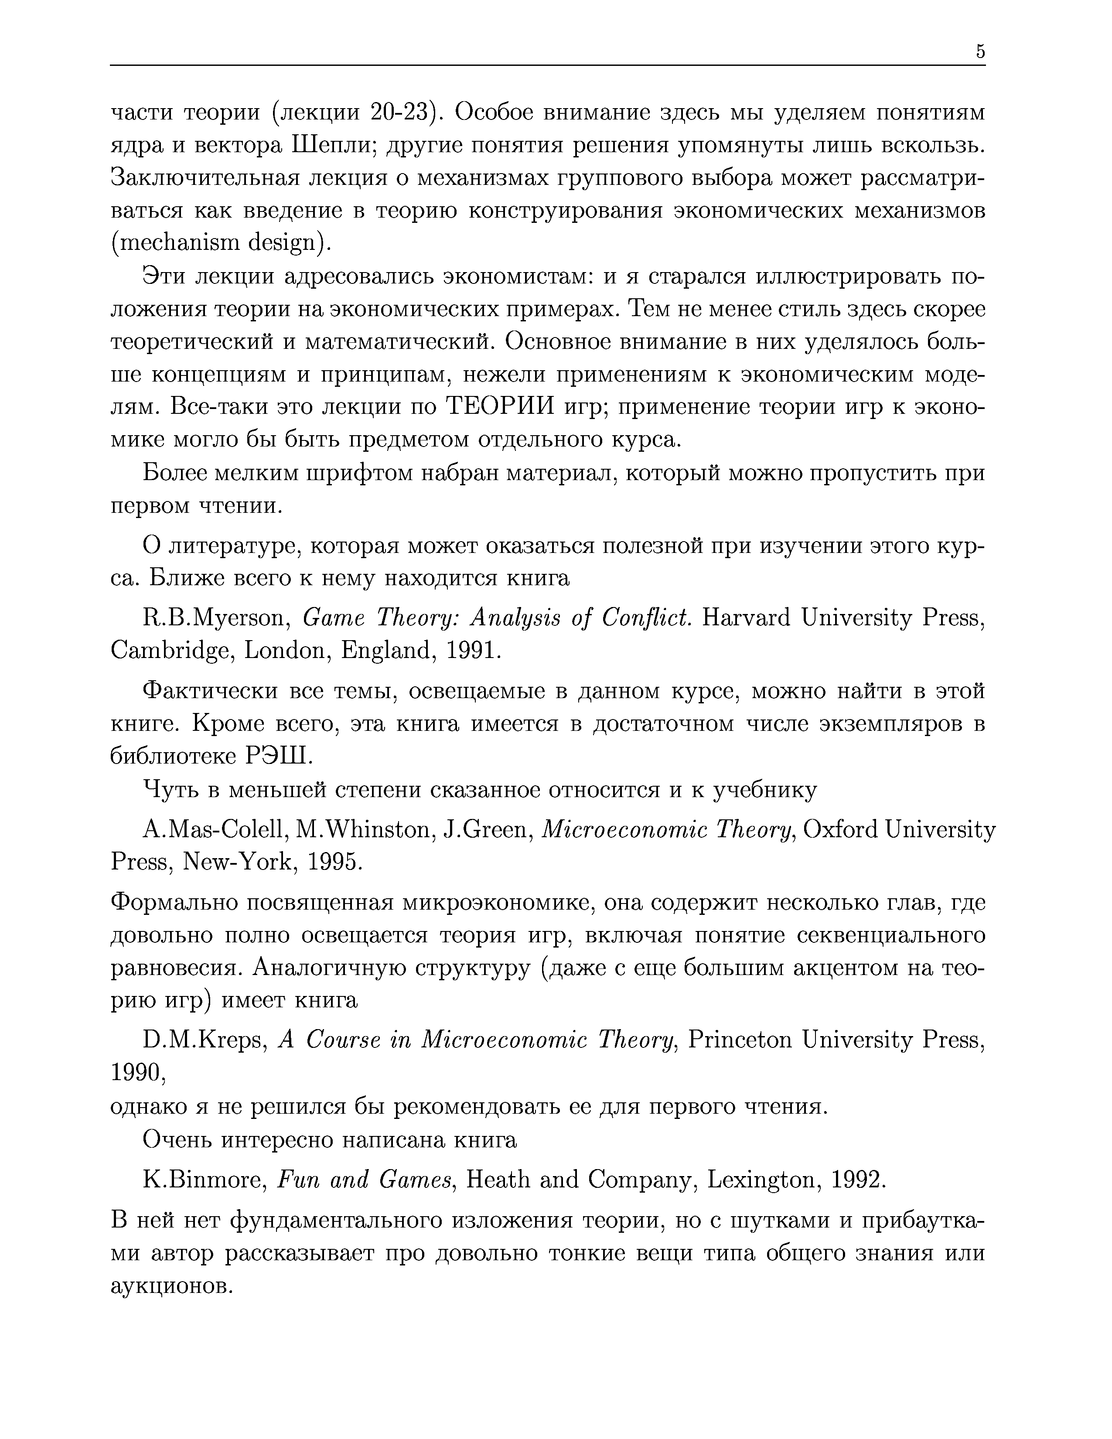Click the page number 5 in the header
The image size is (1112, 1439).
click(x=980, y=51)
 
